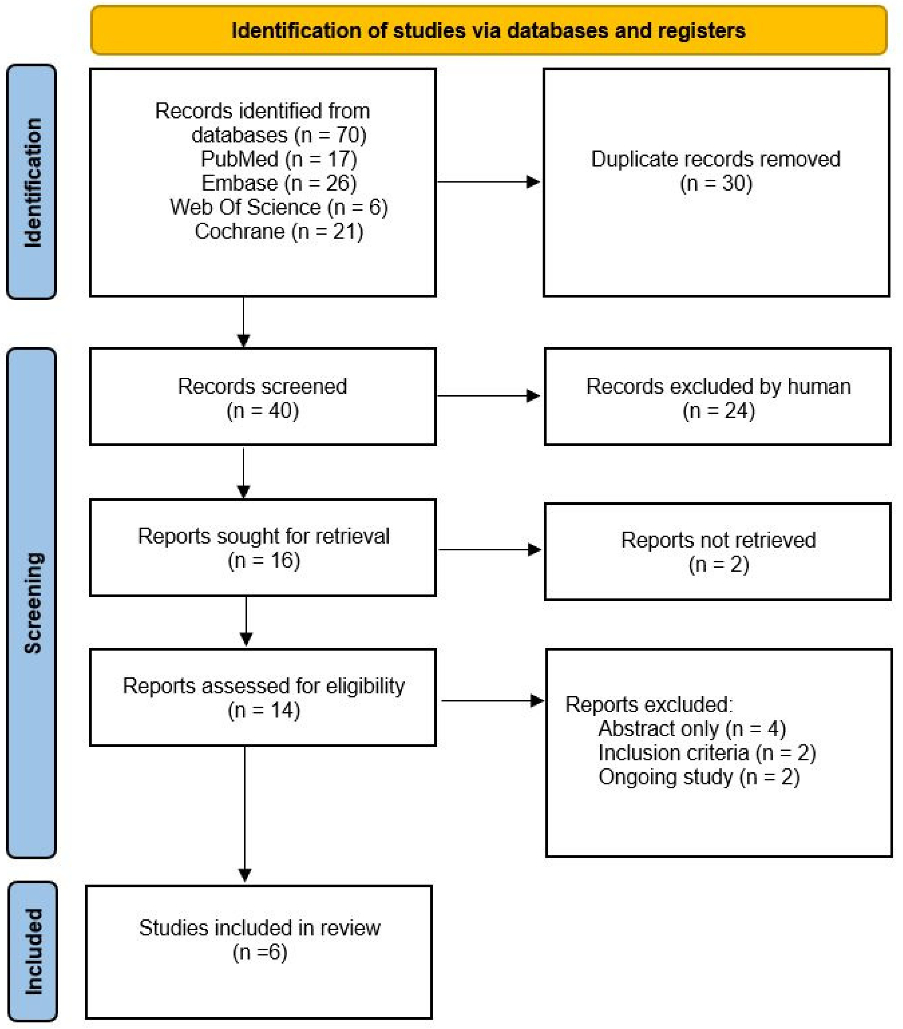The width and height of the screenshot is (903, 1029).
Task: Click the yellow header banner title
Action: coord(488,31)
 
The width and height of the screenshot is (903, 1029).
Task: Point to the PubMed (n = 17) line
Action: coord(279,159)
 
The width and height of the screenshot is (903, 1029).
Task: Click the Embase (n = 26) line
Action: coord(279,183)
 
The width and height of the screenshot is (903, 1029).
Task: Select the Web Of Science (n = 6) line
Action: coord(279,207)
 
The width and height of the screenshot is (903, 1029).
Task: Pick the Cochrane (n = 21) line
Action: coord(279,232)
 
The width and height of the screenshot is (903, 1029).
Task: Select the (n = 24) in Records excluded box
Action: coord(718,411)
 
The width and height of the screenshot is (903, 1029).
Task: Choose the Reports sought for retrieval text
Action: coord(263,536)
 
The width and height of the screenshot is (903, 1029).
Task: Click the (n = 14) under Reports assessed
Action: coord(263,710)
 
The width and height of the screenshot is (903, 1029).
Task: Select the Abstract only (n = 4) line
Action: coord(692,728)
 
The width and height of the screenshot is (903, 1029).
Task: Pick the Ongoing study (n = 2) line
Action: coord(699,777)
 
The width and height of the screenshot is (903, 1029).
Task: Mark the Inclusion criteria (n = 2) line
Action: coord(707,753)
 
